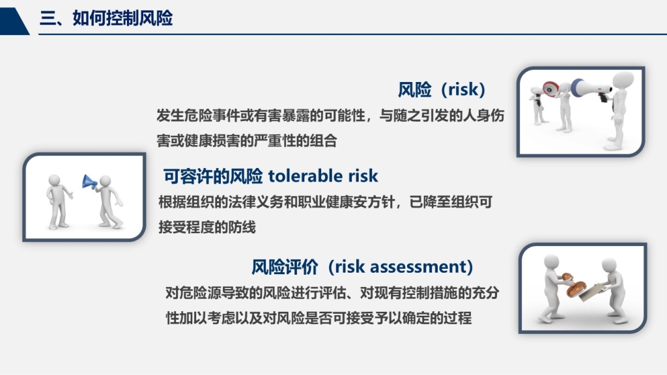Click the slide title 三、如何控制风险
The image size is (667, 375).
tap(106, 18)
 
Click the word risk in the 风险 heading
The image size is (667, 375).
tap(463, 89)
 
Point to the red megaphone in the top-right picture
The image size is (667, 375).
tap(550, 89)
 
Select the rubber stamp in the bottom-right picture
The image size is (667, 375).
tap(574, 286)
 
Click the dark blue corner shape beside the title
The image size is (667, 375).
tap(14, 21)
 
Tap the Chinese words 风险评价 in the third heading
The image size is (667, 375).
tap(285, 267)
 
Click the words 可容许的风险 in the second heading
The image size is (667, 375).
tap(213, 176)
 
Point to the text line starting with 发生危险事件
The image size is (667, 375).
tap(330, 115)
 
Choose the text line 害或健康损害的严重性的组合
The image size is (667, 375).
tap(247, 141)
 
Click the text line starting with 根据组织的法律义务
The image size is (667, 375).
tap(326, 202)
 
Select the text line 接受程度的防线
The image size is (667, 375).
tap(206, 227)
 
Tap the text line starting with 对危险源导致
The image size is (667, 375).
tap(332, 293)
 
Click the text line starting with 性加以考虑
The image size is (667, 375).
tap(319, 318)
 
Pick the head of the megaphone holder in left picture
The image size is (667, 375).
tap(105, 182)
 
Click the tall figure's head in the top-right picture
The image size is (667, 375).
tap(623, 80)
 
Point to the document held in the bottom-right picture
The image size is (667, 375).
tap(593, 292)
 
